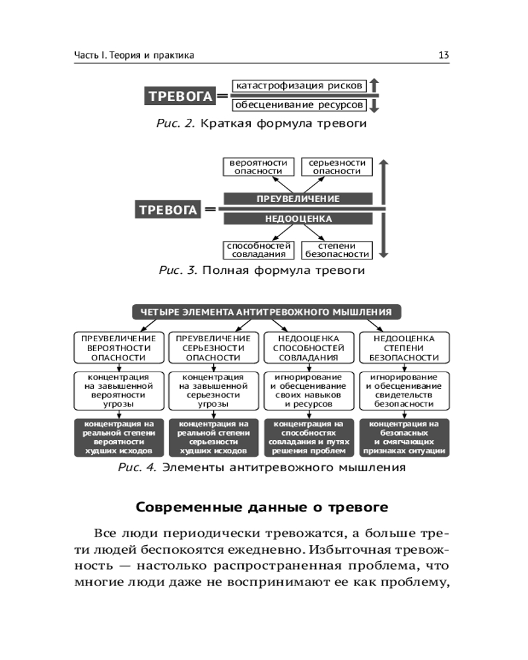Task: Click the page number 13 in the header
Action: (x=444, y=55)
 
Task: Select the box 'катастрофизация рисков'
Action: (x=298, y=86)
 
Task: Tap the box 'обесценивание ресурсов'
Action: (x=298, y=105)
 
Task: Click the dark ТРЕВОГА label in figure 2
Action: (x=180, y=96)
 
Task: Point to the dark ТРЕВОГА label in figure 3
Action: (x=168, y=211)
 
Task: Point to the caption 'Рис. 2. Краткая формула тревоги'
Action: (x=261, y=123)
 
